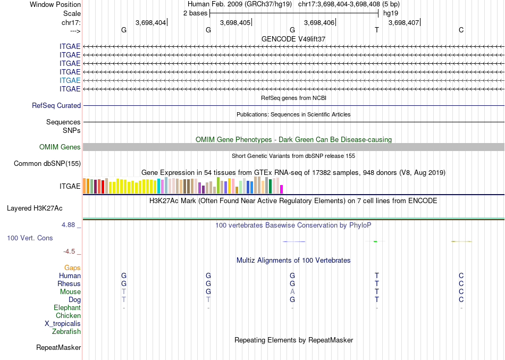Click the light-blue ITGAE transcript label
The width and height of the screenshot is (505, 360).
tap(70, 80)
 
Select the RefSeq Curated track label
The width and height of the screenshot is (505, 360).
tap(56, 105)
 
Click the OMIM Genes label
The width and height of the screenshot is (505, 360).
tap(60, 147)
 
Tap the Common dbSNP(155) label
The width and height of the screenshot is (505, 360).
tap(47, 163)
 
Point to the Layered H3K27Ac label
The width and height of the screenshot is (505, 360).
tap(35, 208)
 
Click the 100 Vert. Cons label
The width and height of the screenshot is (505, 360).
tap(30, 238)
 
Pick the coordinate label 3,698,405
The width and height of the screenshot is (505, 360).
tap(235, 22)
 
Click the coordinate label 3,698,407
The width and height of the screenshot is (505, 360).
tap(403, 22)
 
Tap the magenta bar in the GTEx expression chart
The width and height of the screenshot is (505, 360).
tap(282, 189)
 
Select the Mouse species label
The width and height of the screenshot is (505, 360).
tap(70, 292)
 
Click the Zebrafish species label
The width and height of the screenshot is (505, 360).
tap(66, 331)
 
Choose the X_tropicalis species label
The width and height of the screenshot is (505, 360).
tap(63, 324)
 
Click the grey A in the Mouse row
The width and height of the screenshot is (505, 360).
tap(292, 292)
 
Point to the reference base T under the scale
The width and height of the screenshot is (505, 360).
tap(377, 30)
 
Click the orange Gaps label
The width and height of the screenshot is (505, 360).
tap(72, 268)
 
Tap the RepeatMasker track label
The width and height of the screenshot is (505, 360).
tap(58, 347)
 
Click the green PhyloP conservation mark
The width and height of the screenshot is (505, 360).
tap(375, 241)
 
